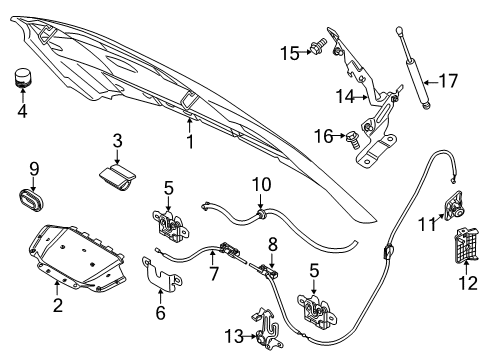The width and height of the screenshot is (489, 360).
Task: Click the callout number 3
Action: tap(117, 141)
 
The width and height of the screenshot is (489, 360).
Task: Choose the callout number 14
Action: tap(344, 96)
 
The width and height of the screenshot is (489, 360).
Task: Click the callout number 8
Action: tap(270, 243)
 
